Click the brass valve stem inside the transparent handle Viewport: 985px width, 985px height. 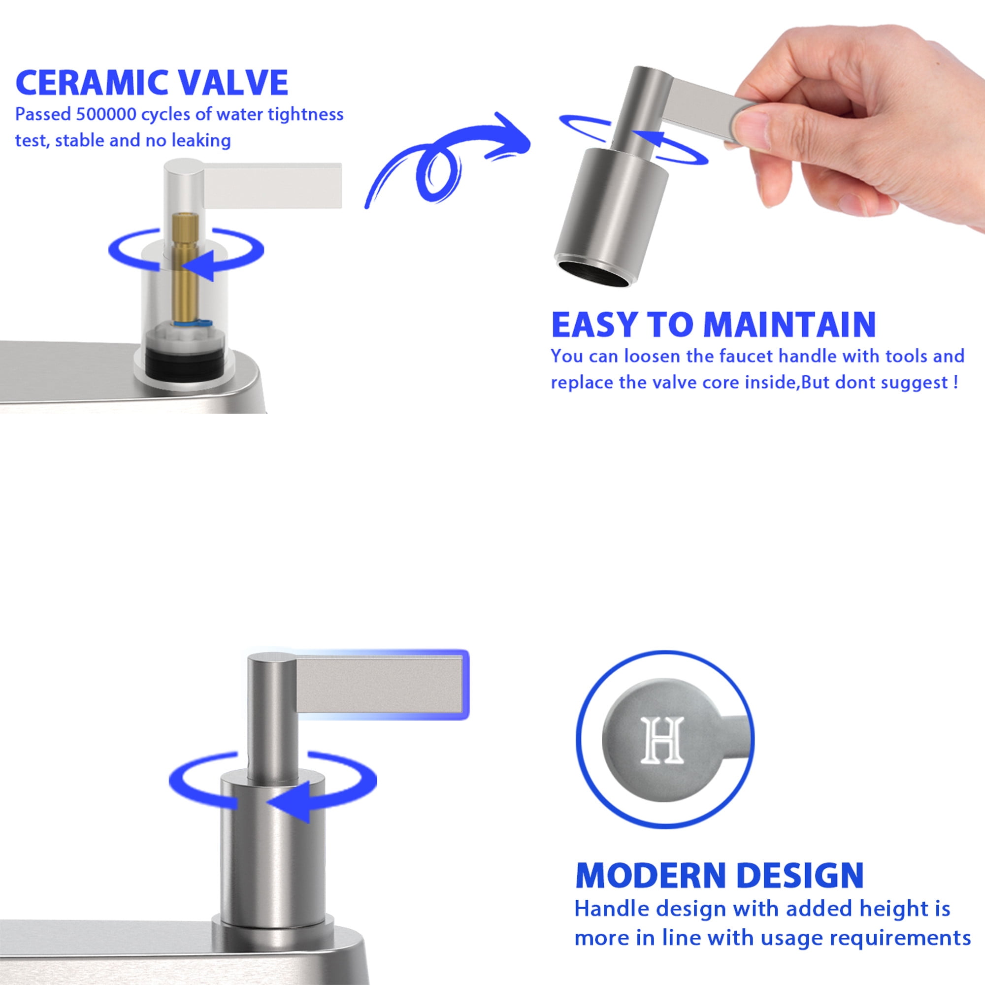185,265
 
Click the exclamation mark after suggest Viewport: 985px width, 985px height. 955,382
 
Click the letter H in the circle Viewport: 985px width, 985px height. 661,740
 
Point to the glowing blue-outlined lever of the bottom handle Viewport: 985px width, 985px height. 380,684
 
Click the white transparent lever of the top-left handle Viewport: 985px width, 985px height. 272,186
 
